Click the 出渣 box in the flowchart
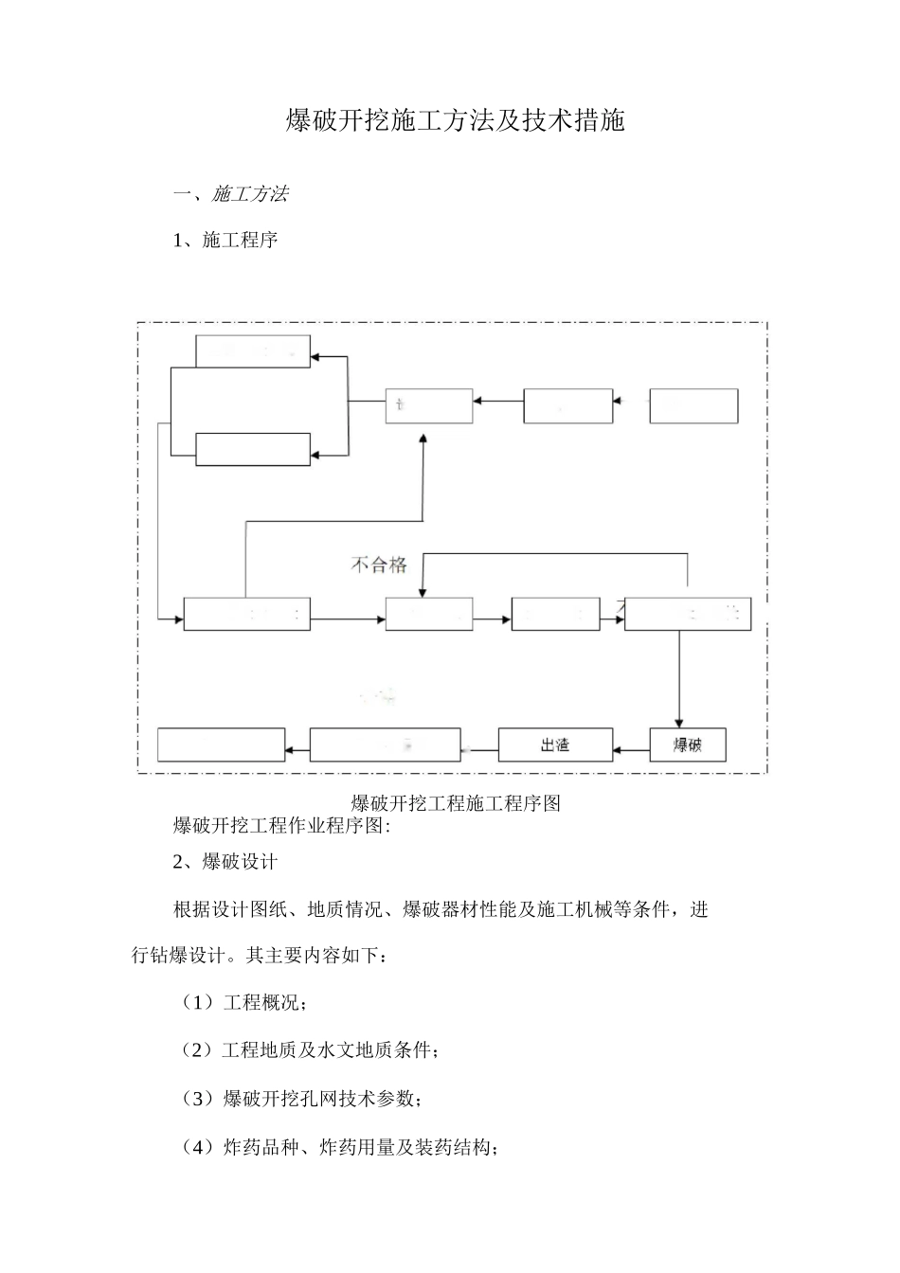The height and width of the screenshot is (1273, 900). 555,744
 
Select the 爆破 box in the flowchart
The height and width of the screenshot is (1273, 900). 688,744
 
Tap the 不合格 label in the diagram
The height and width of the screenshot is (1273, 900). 379,565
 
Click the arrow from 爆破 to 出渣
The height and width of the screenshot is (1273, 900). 630,751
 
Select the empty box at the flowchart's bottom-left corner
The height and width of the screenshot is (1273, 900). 221,744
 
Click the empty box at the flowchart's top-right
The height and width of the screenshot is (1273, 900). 693,405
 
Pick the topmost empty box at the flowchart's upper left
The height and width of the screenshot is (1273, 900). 252,351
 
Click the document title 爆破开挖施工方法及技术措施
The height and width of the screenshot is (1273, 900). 455,121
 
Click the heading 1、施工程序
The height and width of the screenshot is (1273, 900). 225,240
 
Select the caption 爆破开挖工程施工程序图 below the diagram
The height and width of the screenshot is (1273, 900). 456,803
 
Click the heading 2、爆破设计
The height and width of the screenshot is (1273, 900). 225,862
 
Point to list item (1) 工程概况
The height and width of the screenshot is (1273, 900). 244,1002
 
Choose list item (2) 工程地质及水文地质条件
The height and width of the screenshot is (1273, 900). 310,1050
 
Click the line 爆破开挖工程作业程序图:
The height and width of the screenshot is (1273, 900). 281,825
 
